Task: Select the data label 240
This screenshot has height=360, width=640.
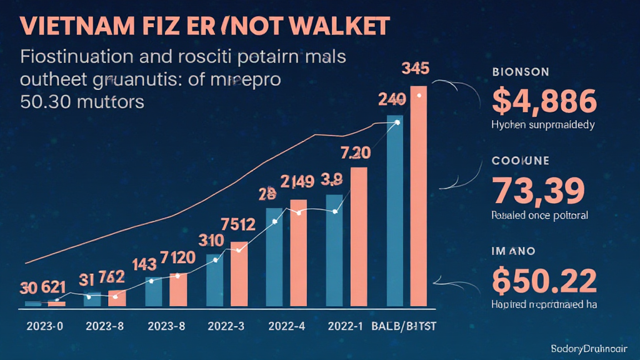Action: click(392, 99)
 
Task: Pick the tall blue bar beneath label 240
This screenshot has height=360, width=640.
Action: click(395, 212)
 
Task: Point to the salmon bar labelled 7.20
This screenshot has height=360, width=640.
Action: click(359, 237)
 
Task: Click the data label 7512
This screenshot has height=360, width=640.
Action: click(238, 224)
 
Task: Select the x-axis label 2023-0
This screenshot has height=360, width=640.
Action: click(45, 326)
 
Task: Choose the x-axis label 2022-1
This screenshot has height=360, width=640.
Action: click(346, 326)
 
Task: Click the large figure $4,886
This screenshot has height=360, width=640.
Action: click(544, 101)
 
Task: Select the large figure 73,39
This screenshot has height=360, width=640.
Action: click(539, 191)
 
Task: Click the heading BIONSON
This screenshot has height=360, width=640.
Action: click(521, 71)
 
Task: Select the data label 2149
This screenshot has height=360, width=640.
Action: click(298, 182)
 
